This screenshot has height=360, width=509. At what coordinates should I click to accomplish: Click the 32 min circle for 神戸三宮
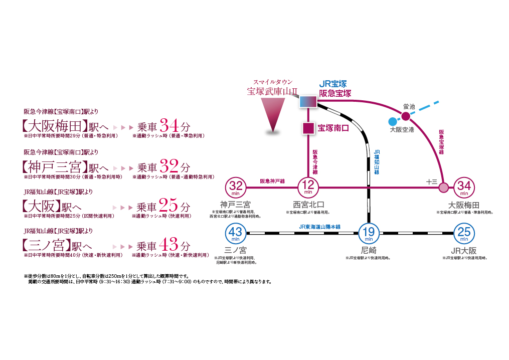click(x=236, y=188)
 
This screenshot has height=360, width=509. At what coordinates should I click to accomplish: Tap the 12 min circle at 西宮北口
click(x=308, y=188)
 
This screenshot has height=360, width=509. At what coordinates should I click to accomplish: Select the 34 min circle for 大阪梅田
click(x=464, y=188)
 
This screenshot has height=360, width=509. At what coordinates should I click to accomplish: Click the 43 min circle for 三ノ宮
click(x=236, y=233)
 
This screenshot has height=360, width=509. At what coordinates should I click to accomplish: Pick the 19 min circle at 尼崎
click(x=369, y=233)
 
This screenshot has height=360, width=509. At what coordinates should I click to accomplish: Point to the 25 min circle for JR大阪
click(x=464, y=233)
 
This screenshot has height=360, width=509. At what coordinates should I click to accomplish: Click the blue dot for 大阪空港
click(x=393, y=121)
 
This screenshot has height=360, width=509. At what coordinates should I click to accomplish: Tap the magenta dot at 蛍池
click(x=405, y=116)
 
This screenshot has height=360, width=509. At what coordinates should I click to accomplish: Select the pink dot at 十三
click(x=443, y=188)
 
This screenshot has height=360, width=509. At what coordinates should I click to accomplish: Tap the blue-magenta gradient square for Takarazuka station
click(x=308, y=102)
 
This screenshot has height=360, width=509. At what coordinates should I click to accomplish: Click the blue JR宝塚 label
click(x=333, y=84)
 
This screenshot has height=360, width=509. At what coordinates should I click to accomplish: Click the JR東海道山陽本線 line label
click(x=319, y=227)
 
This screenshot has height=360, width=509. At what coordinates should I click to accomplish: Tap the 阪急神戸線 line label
click(x=272, y=182)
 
